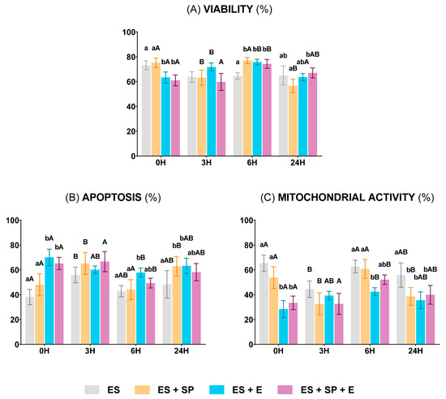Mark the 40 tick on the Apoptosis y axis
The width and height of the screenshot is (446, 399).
(x=11, y=295)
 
